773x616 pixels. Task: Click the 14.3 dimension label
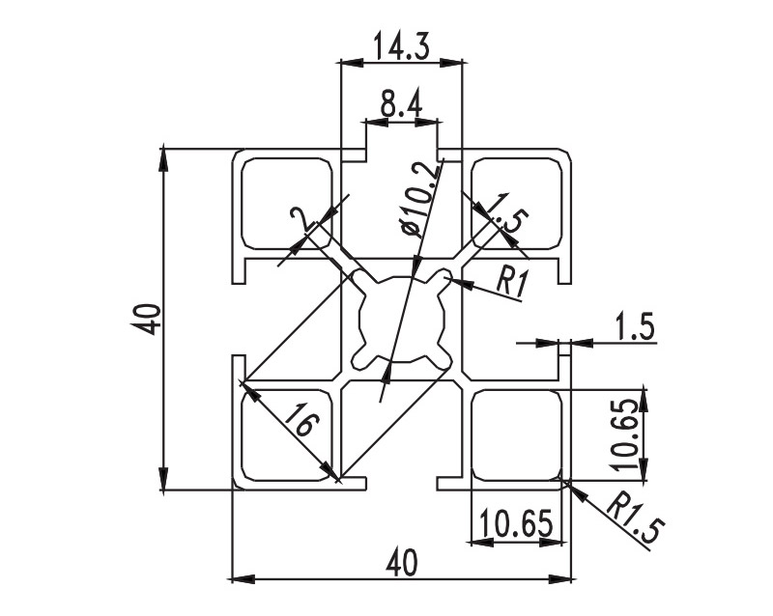click(400, 45)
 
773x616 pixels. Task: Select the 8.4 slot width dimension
click(400, 105)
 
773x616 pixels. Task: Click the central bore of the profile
click(401, 320)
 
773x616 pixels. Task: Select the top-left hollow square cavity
click(286, 203)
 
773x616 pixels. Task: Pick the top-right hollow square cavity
click(515, 203)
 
